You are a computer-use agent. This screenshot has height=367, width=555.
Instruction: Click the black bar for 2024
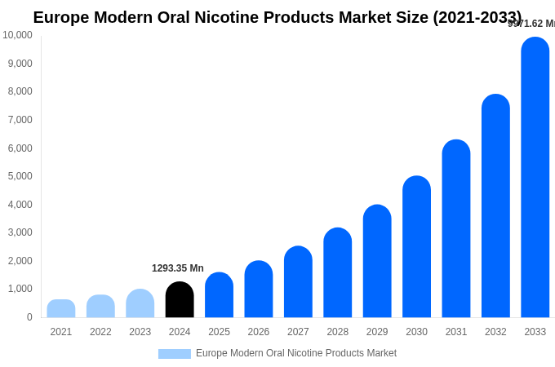pyautogui.click(x=180, y=300)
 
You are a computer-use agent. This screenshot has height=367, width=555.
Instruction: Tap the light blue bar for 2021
pyautogui.click(x=61, y=309)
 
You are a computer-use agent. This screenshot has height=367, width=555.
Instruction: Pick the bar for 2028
pyautogui.click(x=338, y=273)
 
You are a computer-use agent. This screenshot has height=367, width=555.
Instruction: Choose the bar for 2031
pyautogui.click(x=456, y=229)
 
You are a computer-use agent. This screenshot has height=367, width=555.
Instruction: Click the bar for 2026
pyautogui.click(x=259, y=290)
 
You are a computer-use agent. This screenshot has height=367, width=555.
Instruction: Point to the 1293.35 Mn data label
pyautogui.click(x=178, y=268)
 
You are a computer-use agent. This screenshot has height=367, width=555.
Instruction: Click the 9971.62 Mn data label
pyautogui.click(x=531, y=24)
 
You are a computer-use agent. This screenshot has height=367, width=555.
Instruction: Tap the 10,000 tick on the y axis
pyautogui.click(x=18, y=35)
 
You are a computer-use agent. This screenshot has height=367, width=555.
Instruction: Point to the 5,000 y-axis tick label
pyautogui.click(x=20, y=176)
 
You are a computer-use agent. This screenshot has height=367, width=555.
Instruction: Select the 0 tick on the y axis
pyautogui.click(x=29, y=317)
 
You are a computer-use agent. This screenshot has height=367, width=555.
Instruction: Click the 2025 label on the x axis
pyautogui.click(x=219, y=332)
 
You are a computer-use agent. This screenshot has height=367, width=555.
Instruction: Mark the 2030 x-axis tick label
pyautogui.click(x=416, y=332)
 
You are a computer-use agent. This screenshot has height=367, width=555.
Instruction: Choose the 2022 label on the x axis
pyautogui.click(x=100, y=332)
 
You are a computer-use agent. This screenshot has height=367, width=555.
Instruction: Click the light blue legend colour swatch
pyautogui.click(x=175, y=354)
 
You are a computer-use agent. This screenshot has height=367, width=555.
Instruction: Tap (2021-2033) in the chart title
pyautogui.click(x=477, y=17)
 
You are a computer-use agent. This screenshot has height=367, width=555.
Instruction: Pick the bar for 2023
pyautogui.click(x=140, y=303)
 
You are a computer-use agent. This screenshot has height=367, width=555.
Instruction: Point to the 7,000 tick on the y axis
pyautogui.click(x=20, y=120)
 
